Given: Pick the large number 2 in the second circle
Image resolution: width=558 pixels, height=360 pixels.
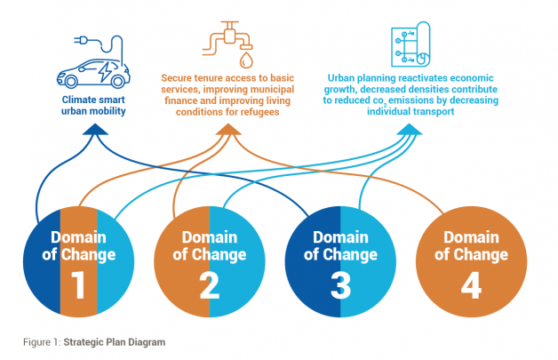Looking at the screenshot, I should point(210,285).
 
